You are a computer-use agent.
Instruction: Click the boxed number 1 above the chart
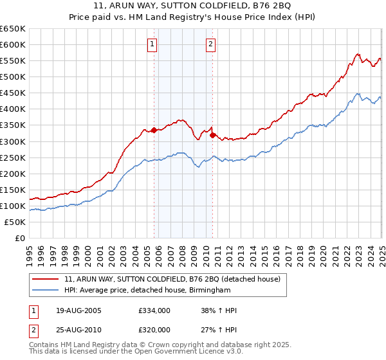click(152, 44)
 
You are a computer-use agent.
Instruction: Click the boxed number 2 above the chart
click(210, 44)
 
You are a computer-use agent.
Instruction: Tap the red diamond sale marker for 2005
click(154, 130)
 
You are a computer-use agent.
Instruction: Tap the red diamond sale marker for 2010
click(213, 135)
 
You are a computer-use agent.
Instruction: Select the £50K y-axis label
click(14, 222)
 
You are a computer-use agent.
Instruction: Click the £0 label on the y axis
click(19, 238)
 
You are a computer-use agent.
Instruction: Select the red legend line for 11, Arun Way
click(46, 279)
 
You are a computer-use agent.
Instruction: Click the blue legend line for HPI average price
click(46, 290)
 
